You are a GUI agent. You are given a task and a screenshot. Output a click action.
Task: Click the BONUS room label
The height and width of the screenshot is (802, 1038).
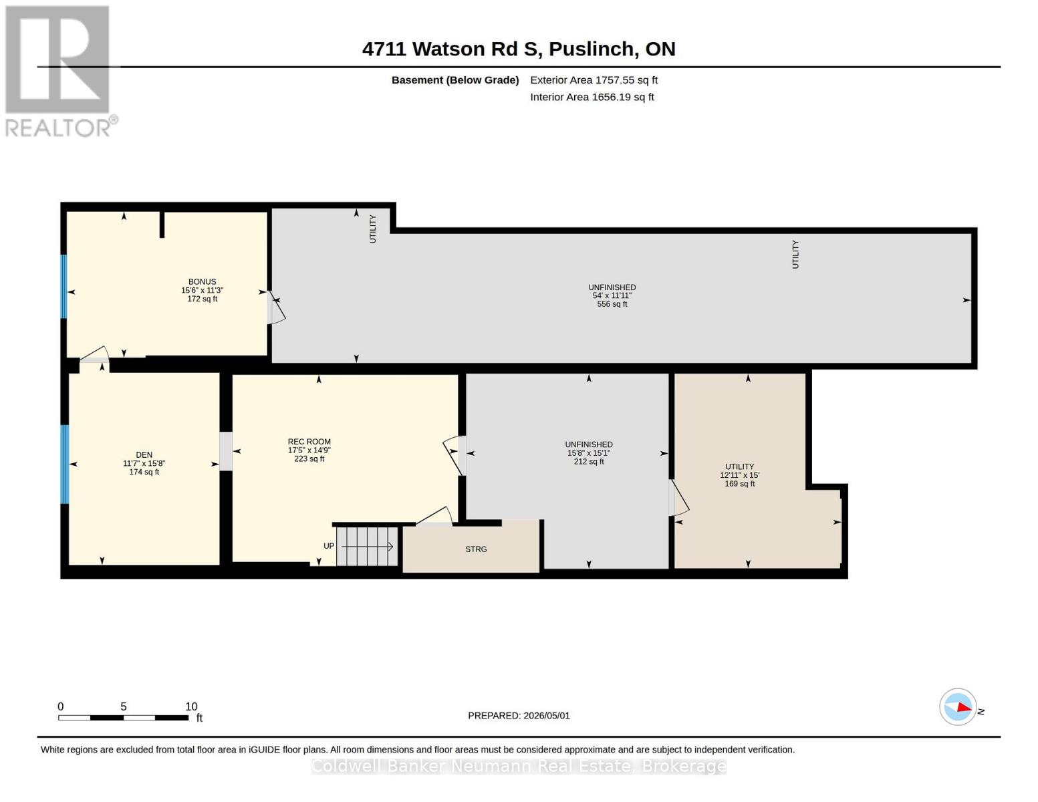(202, 282)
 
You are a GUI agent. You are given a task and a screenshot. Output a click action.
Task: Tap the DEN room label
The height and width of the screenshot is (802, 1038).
(144, 454)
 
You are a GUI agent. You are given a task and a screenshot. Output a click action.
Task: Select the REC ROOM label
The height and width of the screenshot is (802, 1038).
(309, 442)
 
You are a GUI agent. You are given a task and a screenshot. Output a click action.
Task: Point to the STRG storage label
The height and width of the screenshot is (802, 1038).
(476, 549)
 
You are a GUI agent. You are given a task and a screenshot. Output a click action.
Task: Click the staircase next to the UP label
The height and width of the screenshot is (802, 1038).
(368, 547)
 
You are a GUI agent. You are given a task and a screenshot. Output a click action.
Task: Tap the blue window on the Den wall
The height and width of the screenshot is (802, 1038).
(64, 464)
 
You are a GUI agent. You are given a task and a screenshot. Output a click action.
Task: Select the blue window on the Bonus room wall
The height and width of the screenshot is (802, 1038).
(63, 287)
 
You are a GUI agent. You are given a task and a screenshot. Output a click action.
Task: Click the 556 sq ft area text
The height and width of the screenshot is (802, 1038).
(612, 304)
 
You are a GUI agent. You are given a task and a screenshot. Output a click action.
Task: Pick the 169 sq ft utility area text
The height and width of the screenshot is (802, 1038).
(739, 484)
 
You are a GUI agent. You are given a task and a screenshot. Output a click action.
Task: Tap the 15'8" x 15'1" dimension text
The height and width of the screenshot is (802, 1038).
(588, 453)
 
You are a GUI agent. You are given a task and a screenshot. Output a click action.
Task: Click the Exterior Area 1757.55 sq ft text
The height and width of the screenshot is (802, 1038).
(594, 80)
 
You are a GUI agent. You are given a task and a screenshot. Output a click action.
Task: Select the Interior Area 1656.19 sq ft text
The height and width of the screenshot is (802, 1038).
(592, 97)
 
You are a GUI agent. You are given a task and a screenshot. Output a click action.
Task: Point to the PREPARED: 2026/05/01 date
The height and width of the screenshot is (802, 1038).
(519, 716)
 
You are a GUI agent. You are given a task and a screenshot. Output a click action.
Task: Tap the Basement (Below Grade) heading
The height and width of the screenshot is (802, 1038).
(455, 80)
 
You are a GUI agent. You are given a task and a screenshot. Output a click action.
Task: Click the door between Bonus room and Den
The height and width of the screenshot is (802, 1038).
(94, 354)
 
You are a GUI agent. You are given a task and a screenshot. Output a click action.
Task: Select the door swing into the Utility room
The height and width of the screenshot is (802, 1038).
(678, 498)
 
